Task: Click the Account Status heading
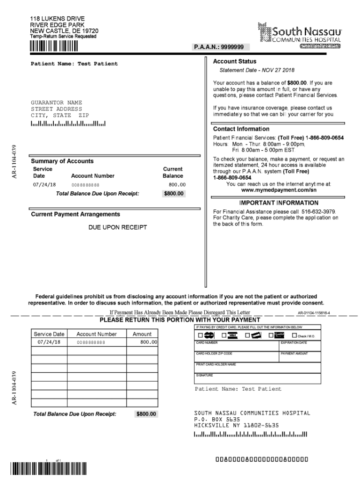235,62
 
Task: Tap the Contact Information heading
241,129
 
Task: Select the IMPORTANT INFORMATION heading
279,203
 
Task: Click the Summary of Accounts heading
62,161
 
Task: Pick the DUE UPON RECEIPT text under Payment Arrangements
118,227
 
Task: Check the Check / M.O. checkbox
295,335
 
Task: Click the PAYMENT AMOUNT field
300,358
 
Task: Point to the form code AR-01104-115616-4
314,313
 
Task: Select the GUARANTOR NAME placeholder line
57,102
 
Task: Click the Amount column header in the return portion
142,334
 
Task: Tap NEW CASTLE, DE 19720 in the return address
64,31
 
